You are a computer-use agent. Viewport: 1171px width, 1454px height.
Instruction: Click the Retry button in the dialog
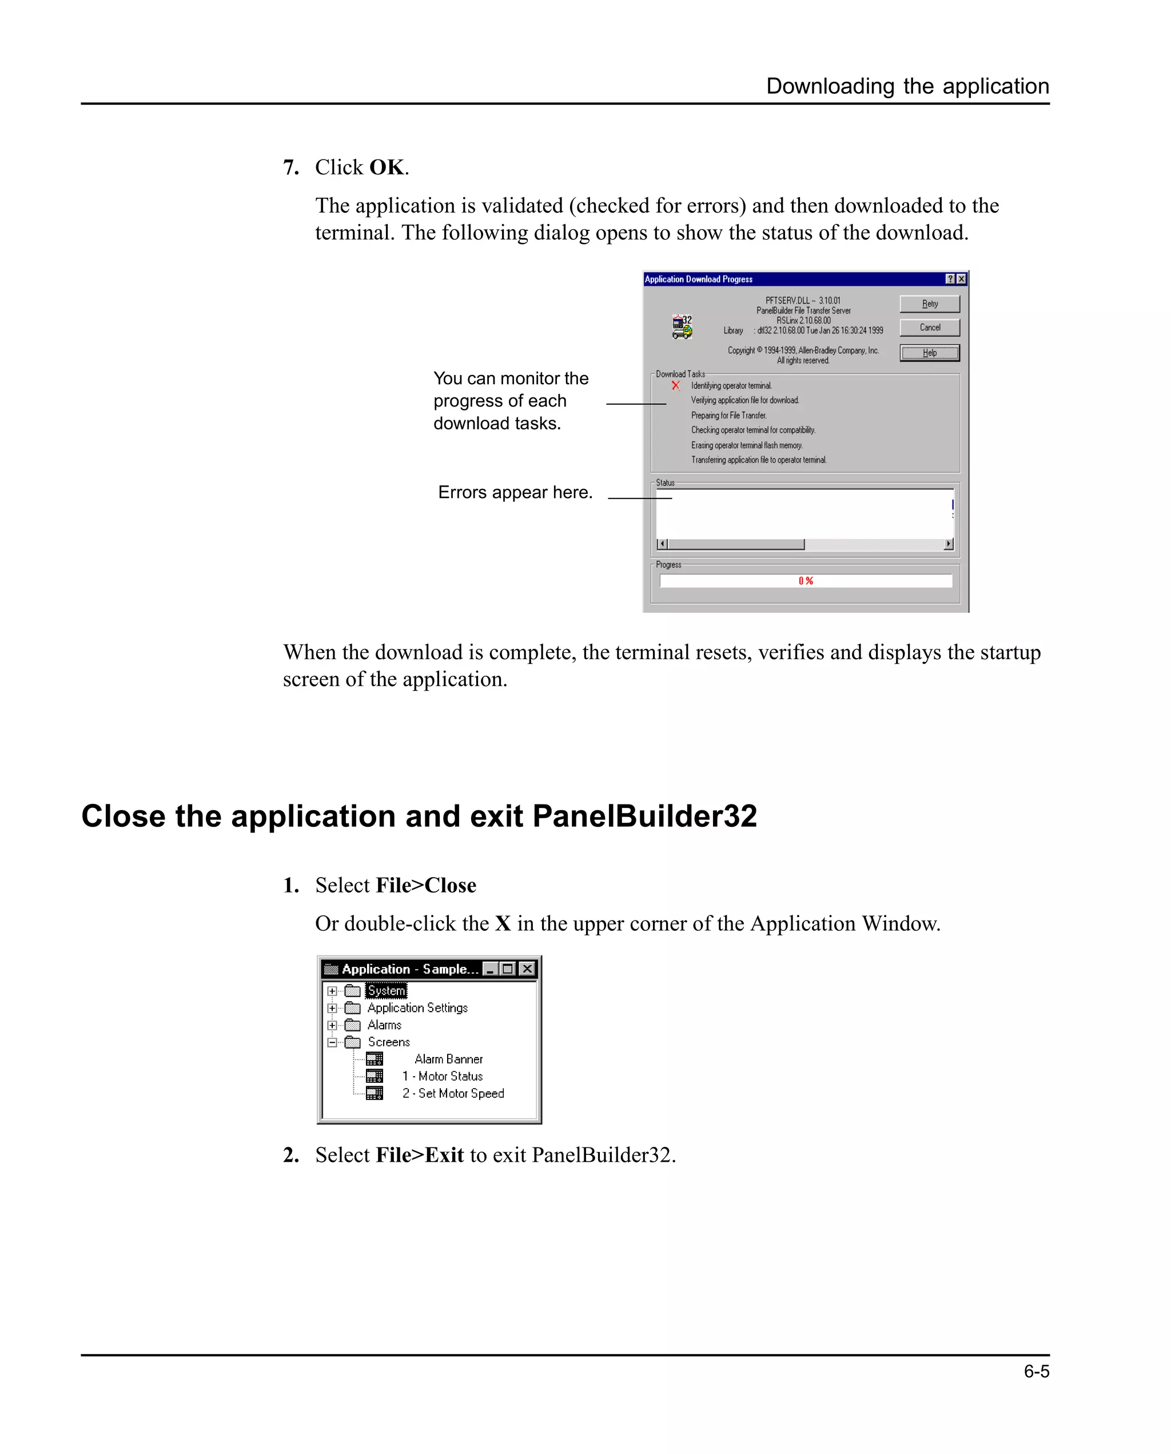(930, 304)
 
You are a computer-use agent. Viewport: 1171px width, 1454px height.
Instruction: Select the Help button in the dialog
(930, 353)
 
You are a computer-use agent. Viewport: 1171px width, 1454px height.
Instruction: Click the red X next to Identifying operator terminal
(675, 386)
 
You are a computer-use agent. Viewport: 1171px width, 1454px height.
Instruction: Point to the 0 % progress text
(806, 581)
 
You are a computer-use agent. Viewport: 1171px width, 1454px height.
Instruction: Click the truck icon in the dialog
(682, 326)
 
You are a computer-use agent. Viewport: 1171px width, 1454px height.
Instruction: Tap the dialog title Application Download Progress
(698, 279)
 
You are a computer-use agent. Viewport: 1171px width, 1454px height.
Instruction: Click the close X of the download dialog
(962, 279)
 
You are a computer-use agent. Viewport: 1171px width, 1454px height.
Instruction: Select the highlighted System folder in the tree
(387, 991)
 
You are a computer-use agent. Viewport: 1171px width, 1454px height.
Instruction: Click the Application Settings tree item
(417, 1007)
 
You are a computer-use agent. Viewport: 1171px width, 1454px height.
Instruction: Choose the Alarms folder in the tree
(384, 1025)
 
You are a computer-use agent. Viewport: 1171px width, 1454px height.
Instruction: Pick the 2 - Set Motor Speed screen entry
(453, 1093)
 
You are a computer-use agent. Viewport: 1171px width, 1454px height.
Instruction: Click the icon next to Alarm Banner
(375, 1059)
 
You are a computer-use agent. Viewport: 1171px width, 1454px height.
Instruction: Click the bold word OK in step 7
(387, 168)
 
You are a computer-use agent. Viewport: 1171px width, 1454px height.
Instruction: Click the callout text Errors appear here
(515, 492)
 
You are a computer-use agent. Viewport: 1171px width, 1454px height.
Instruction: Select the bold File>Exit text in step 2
(420, 1154)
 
